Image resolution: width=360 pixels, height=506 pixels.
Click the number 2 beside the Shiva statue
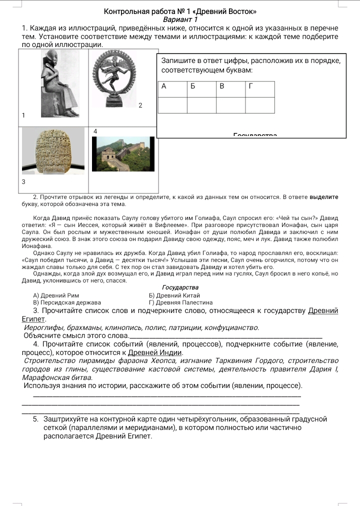point(140,105)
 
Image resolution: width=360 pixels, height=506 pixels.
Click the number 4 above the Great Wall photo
point(95,130)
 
